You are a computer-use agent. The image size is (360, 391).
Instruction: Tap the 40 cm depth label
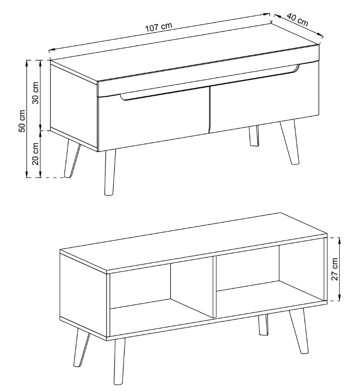pos(297,19)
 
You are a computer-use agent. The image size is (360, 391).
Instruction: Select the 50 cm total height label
pos(22,121)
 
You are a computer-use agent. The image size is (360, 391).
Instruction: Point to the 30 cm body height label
pos(36,93)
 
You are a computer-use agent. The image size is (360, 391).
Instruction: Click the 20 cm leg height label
pos(36,154)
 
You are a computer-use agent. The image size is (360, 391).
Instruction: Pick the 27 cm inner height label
pos(335,269)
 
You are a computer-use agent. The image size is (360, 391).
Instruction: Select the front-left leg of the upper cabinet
pos(110,172)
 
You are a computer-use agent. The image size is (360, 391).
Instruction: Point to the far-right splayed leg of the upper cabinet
pos(290,142)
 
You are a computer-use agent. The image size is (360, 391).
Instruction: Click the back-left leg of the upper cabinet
pos(72,159)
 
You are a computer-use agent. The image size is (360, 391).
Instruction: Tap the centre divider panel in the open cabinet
pos(215,287)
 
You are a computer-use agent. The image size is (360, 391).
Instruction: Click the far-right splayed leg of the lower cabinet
pos(298,331)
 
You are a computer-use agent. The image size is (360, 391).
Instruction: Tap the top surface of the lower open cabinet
pos(193,241)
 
